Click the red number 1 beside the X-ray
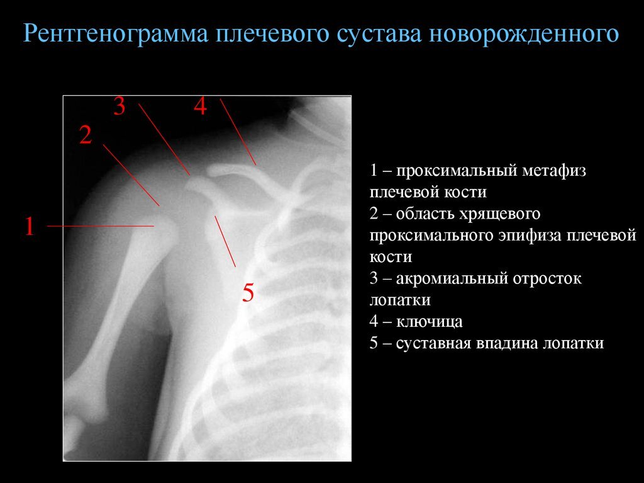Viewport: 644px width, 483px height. coord(30,226)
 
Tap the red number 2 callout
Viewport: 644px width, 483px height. coord(86,135)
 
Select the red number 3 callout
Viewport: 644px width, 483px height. coord(119,106)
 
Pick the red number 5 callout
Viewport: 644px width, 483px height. coord(248,293)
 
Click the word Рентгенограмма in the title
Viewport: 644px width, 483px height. coord(116,34)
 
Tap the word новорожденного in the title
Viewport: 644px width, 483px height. coord(524,34)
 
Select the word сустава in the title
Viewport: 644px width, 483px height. coord(379,35)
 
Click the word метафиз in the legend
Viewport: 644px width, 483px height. coord(553,170)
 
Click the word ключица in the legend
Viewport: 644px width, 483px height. coord(429,321)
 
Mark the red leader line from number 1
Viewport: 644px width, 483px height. coord(100,226)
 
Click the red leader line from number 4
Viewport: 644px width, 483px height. coord(238,132)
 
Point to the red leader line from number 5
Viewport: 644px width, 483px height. coord(225,241)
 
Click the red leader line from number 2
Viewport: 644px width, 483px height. coord(131,175)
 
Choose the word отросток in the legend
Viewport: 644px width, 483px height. coord(547,278)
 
